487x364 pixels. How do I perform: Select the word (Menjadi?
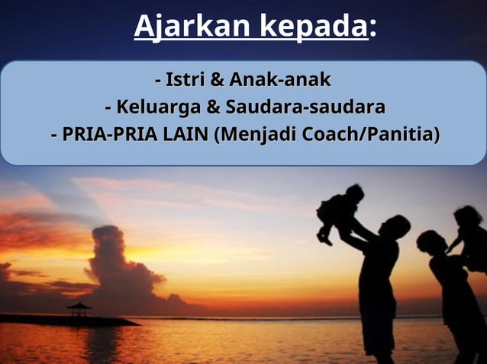click(256, 135)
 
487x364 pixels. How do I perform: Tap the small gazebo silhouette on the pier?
click(78, 308)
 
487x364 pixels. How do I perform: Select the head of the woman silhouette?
click(431, 242)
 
